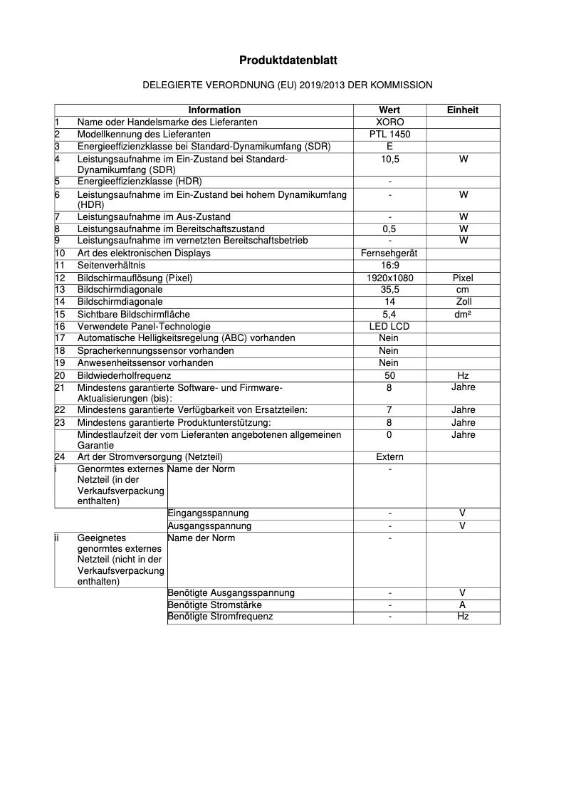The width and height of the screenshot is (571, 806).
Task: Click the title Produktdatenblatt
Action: [288, 61]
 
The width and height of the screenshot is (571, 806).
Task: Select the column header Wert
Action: [389, 110]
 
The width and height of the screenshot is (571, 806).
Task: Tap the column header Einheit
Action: [463, 110]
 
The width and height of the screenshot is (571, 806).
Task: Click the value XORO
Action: [389, 122]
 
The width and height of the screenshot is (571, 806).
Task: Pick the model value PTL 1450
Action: [389, 134]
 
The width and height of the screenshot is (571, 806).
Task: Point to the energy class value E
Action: [389, 146]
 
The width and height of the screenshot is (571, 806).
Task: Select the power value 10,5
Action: [389, 159]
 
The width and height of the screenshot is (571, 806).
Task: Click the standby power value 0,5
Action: [389, 229]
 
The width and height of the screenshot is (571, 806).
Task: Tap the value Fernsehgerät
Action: [389, 253]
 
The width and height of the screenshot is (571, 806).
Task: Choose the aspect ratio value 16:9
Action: [389, 266]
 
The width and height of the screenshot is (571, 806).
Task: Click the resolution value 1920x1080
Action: [389, 278]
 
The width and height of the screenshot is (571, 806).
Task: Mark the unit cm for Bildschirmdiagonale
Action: [463, 290]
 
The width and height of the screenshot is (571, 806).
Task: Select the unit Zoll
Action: [463, 302]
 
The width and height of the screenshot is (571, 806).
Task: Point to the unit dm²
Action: [463, 314]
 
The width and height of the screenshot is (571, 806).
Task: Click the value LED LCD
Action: [389, 326]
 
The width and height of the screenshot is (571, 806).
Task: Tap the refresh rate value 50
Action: [389, 375]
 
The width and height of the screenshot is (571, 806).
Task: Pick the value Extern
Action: [389, 457]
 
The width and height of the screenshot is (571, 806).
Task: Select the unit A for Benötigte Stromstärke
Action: [463, 604]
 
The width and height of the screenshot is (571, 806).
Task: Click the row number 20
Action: [61, 375]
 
